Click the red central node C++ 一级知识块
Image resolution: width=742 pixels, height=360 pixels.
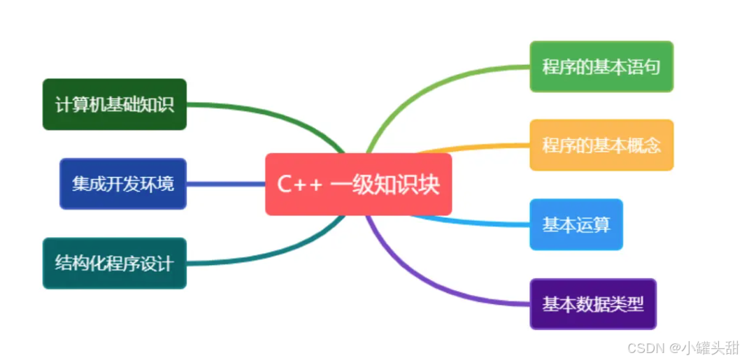pos(358,184)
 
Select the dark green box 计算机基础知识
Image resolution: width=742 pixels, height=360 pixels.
pos(114,104)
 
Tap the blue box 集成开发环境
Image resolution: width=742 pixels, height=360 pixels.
pos(123,184)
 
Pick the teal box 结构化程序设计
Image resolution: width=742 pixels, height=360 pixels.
pos(114,264)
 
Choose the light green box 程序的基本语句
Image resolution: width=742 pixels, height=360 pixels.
pos(601,66)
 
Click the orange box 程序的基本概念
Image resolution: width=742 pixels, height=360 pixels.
pos(601,145)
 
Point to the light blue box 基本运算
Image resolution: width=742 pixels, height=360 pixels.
pos(576,224)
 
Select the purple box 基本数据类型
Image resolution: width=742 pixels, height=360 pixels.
pos(592,304)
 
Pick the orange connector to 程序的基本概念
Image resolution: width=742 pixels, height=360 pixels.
pos(476,147)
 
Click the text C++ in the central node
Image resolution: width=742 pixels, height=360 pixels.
pos(299,185)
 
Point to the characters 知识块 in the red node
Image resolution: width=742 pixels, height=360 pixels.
pos(413,185)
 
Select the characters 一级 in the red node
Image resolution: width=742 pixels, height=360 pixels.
pos(357,185)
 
